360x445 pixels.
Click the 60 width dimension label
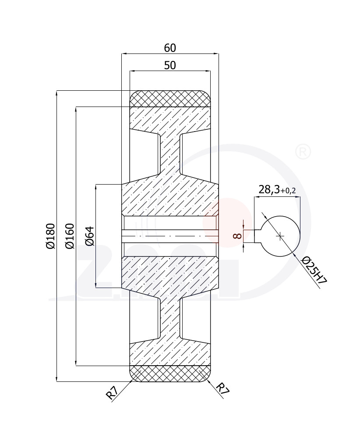pos(170,48)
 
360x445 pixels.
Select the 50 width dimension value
pos(170,65)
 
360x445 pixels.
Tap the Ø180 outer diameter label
pos(51,236)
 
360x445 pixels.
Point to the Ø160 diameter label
pos(70,236)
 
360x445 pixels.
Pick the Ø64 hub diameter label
pos(90,236)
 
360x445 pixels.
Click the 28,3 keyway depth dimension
pos(269,189)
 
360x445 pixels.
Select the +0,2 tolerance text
pos(288,191)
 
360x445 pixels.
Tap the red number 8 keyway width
pos(237,235)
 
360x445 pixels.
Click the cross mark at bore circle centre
pos(280,236)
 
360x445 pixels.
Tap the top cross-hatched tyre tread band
pos(170,99)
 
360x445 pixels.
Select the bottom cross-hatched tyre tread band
pos(170,374)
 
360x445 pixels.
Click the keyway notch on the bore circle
pos(258,236)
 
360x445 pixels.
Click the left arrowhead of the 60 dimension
pos(124,53)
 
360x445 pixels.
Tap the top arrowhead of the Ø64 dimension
pos(96,187)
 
